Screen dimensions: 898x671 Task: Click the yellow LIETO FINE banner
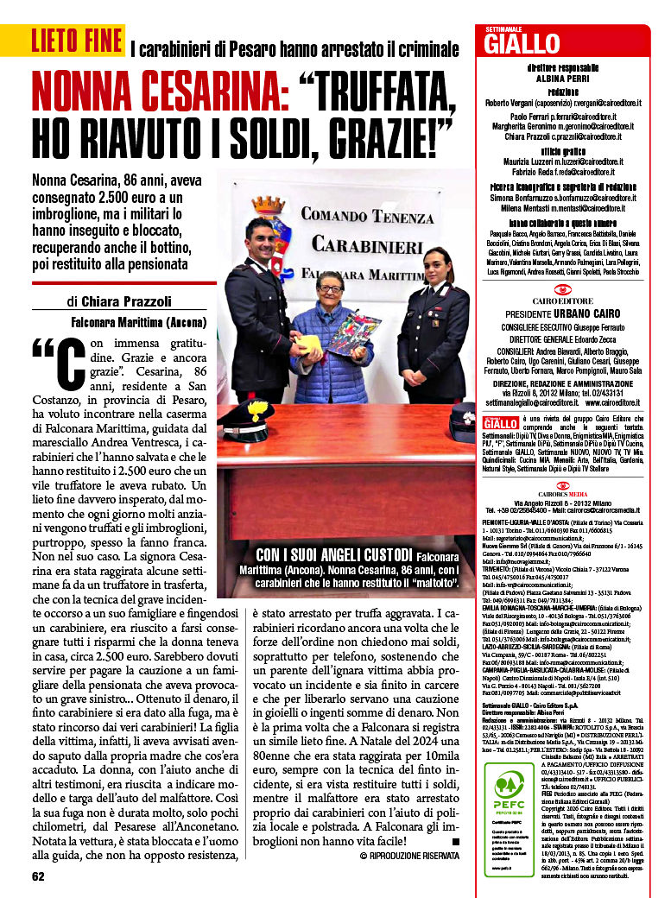[x=76, y=40]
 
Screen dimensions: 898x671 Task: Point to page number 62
[x=38, y=876]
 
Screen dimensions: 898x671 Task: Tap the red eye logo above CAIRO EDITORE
[x=562, y=288]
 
